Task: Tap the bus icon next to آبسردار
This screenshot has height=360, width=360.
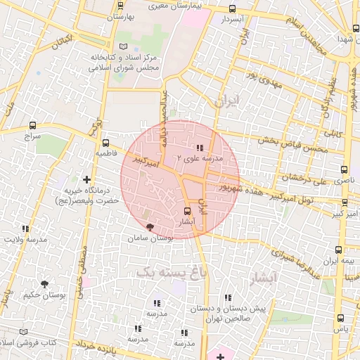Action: [233, 9]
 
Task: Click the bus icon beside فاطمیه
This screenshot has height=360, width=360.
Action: [105, 143]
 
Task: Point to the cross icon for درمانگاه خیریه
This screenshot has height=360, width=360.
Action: [87, 180]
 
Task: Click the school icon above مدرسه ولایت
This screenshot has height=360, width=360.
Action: [26, 229]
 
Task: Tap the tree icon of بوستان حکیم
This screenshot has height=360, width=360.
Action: [45, 285]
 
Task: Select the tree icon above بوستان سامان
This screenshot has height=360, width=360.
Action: [150, 227]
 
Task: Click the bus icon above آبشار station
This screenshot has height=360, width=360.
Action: [187, 211]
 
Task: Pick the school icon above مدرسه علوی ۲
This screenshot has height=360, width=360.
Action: [200, 148]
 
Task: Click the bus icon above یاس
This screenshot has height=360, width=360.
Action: [340, 319]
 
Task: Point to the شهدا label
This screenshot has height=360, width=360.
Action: [344, 39]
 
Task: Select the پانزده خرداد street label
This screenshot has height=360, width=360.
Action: [84, 345]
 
